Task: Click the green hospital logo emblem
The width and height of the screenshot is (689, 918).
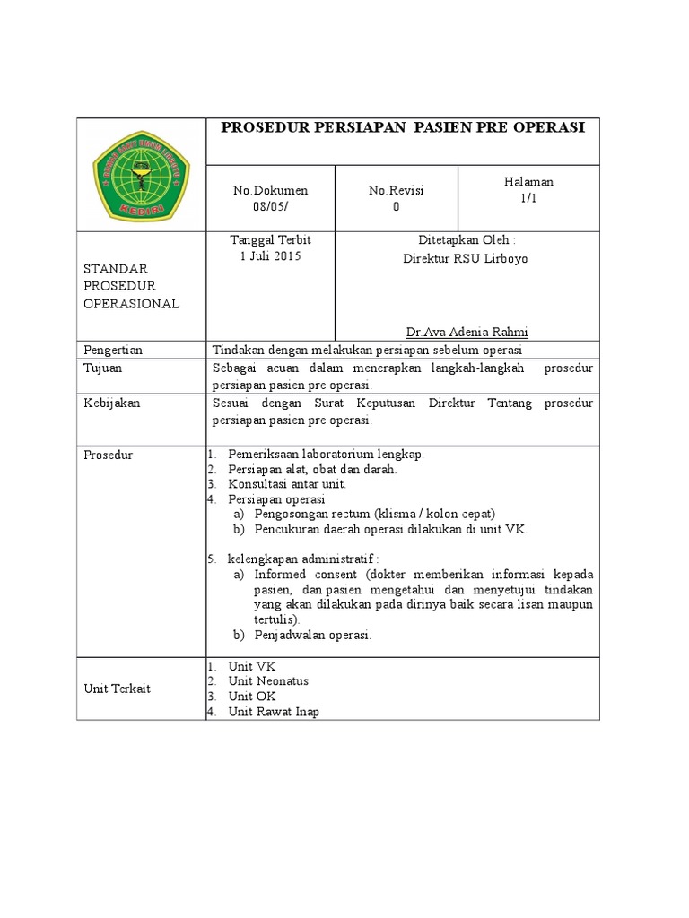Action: tap(141, 175)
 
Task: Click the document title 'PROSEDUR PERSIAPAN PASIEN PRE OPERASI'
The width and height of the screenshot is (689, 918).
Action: tap(403, 128)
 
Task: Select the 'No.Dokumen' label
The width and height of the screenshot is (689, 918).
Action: tap(270, 190)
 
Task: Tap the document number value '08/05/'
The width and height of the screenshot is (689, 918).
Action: tap(270, 206)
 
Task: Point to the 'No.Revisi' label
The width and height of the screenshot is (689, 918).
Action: tap(396, 190)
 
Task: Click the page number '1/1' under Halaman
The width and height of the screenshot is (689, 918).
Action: tap(528, 198)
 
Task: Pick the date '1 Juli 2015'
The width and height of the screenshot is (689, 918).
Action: tap(270, 256)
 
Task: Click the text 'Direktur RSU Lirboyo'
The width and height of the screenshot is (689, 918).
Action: tap(466, 258)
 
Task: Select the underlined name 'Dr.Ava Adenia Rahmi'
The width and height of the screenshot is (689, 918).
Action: tap(467, 332)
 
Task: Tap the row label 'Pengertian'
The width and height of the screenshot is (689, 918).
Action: tap(113, 350)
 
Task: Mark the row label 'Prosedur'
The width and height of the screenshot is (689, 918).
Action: tap(108, 455)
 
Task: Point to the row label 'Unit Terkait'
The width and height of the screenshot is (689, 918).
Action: tap(117, 688)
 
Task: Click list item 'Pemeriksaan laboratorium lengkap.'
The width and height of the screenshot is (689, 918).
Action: tap(326, 454)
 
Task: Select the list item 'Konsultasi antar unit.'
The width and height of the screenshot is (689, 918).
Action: tap(287, 484)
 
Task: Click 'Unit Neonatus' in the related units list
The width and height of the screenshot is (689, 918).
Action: tap(268, 681)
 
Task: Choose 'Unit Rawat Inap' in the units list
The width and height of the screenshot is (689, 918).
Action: tap(274, 712)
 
